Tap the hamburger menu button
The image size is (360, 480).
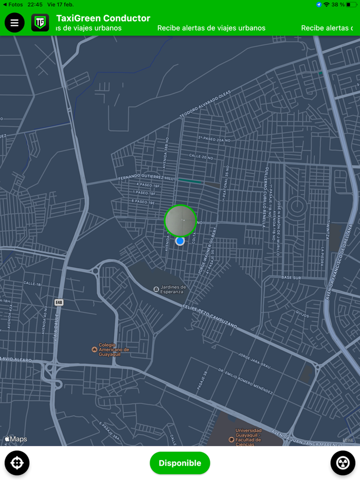click(14, 23)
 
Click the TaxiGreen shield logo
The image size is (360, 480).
click(40, 23)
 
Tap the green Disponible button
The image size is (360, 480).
click(180, 463)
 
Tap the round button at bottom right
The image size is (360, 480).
click(343, 463)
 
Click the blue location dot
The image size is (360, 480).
click(180, 241)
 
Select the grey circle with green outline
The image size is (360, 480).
click(181, 220)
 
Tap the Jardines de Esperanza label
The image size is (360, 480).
click(172, 289)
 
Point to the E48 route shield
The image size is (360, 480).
click(59, 303)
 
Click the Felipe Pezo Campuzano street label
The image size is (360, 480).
click(210, 315)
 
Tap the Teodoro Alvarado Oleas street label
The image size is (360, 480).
click(205, 105)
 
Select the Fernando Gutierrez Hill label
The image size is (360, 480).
click(146, 178)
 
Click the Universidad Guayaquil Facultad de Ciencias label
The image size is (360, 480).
click(248, 437)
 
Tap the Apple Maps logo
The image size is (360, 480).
click(16, 439)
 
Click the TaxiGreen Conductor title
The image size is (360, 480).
click(103, 18)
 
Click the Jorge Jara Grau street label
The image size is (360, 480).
click(254, 361)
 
